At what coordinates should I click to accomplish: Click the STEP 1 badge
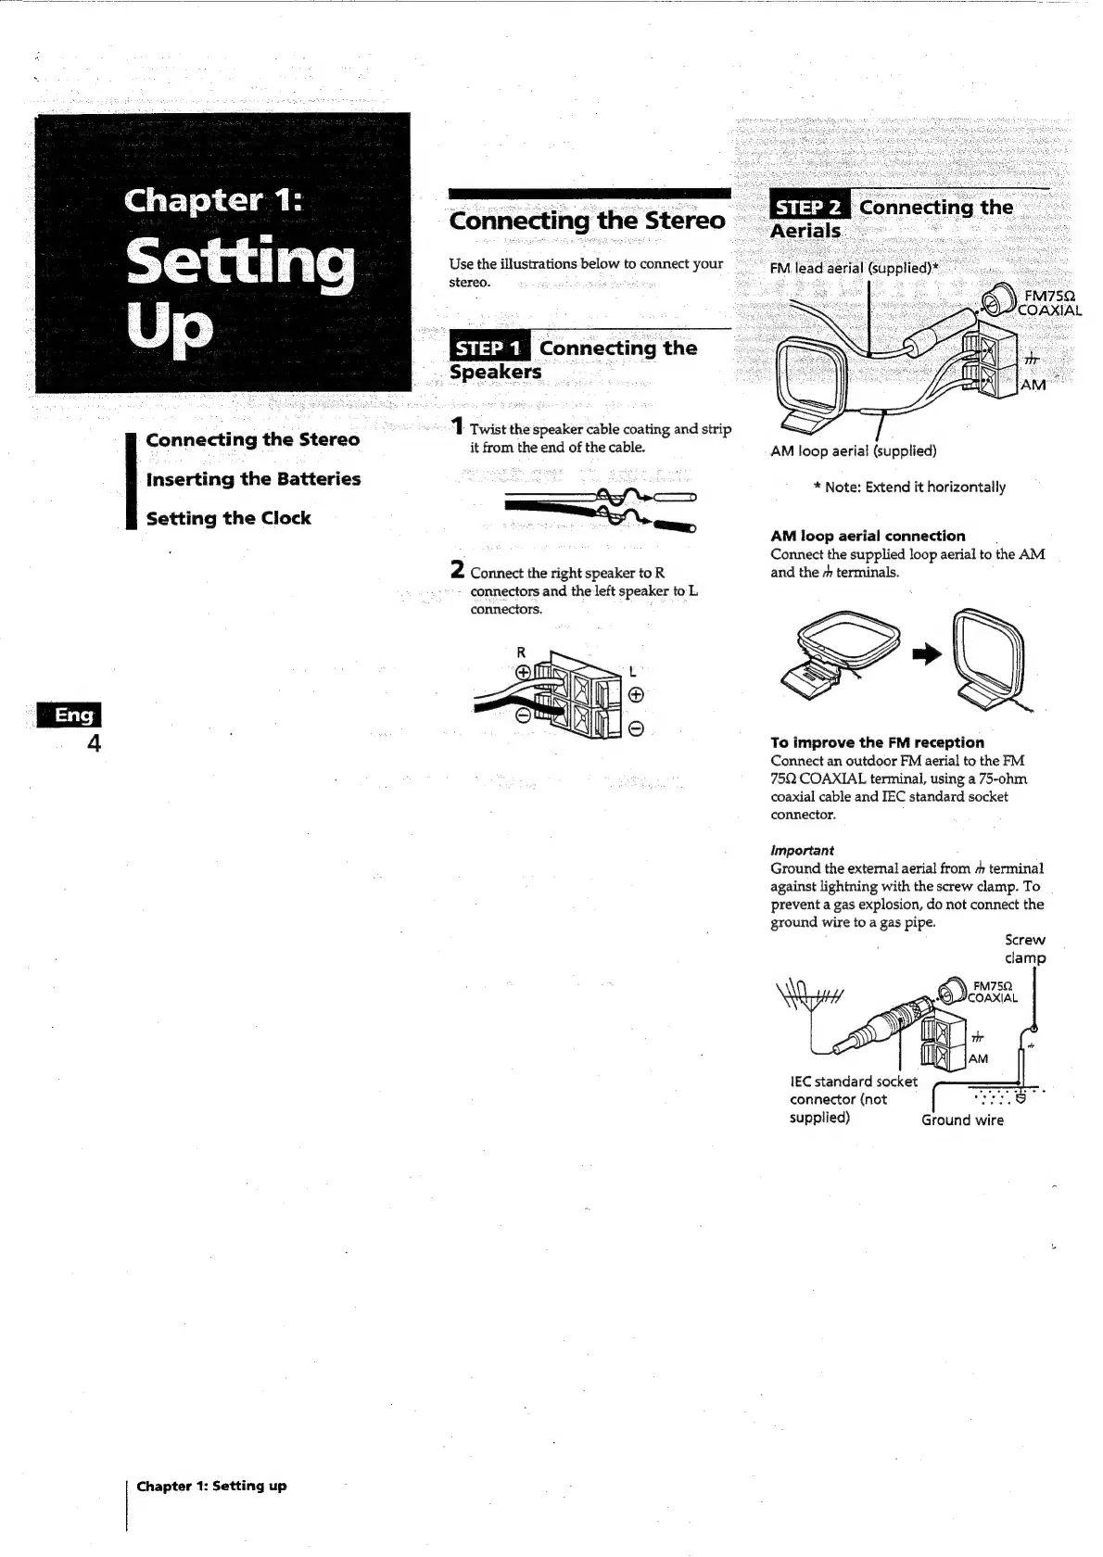[489, 348]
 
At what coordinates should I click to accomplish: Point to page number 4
[94, 743]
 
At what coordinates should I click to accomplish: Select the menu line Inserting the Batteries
[253, 479]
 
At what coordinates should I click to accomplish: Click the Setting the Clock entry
[228, 519]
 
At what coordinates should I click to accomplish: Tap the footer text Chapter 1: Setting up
[211, 1486]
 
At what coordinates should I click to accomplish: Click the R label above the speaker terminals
[521, 652]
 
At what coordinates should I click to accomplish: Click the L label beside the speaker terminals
[632, 671]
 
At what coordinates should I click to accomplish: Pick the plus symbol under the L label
[636, 696]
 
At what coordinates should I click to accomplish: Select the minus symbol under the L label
[636, 729]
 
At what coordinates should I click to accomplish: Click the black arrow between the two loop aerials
[926, 655]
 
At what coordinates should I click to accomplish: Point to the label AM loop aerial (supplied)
[854, 451]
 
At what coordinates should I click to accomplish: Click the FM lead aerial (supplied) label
[854, 269]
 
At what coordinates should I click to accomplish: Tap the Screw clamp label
[1025, 949]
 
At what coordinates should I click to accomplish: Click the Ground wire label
[962, 1120]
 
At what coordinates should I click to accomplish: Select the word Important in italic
[802, 850]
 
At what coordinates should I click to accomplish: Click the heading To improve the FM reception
[877, 742]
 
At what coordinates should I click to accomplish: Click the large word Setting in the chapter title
[240, 263]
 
